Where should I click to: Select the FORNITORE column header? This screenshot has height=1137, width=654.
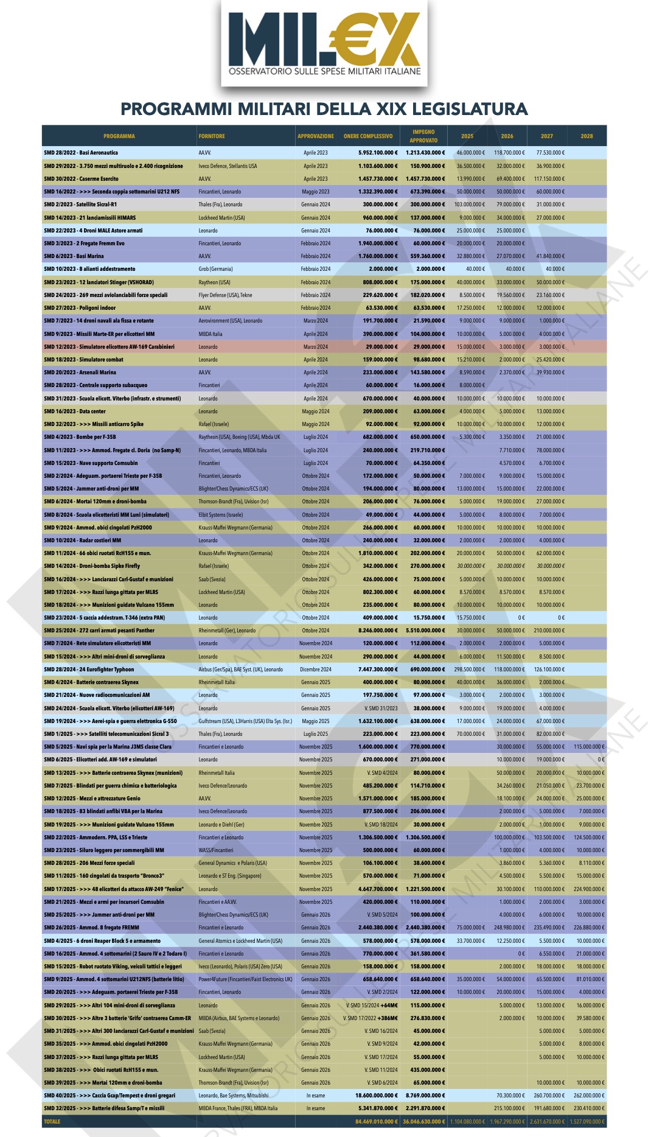tap(212, 136)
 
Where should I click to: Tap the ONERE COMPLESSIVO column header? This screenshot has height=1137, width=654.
tap(368, 136)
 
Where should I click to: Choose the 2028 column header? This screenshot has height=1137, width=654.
tap(586, 136)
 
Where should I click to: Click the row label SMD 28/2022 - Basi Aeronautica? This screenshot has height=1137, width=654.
tap(81, 153)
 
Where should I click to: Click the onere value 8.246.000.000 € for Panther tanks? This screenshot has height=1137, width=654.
tap(378, 631)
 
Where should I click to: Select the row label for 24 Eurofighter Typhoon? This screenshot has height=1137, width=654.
tap(89, 670)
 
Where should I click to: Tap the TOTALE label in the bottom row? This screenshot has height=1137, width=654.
tap(52, 1121)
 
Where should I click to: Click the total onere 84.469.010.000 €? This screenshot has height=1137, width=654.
tap(377, 1121)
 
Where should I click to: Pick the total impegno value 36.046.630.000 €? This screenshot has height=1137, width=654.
tap(424, 1121)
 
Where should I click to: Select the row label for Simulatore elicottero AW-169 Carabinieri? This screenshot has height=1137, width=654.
tap(109, 347)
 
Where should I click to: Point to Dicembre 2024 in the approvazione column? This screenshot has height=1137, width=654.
tap(316, 670)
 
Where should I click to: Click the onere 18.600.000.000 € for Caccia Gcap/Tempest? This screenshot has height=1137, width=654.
tap(377, 1096)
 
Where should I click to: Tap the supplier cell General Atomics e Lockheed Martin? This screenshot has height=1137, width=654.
tap(240, 941)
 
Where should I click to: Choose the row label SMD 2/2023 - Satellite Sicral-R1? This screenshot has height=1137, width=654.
tap(80, 205)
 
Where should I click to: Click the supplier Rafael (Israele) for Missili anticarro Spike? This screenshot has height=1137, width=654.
tap(214, 424)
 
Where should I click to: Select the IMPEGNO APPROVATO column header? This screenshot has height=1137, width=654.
tap(423, 136)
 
